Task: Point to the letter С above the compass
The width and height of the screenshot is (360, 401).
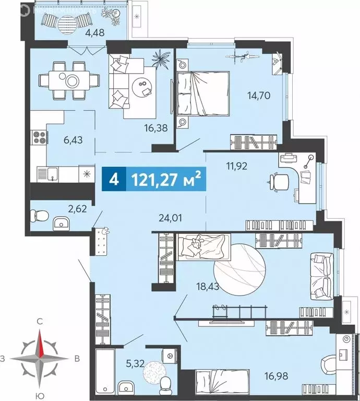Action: (x=39, y=322)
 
